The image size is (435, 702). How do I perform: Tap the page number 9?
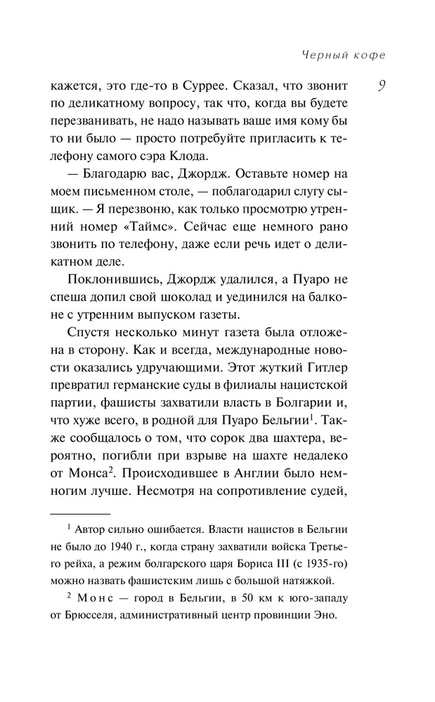(x=380, y=86)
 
